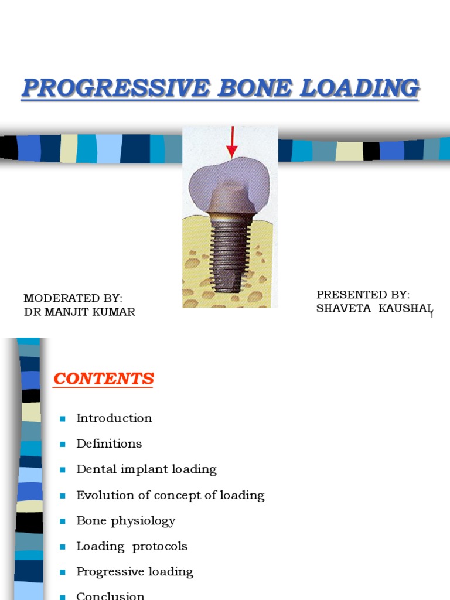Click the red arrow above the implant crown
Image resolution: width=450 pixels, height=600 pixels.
pyautogui.click(x=232, y=142)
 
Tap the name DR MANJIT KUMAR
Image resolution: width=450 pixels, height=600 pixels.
pyautogui.click(x=80, y=312)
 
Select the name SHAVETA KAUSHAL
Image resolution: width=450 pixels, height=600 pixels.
pyautogui.click(x=373, y=308)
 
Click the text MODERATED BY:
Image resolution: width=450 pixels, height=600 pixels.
pyautogui.click(x=73, y=299)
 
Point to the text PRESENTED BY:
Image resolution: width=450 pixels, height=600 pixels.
pyautogui.click(x=363, y=294)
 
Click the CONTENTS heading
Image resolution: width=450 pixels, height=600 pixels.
pyautogui.click(x=104, y=379)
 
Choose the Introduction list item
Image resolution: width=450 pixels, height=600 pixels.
pyautogui.click(x=114, y=418)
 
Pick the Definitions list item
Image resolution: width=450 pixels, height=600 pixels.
pyautogui.click(x=109, y=444)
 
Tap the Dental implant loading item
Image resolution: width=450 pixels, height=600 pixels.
pyautogui.click(x=146, y=469)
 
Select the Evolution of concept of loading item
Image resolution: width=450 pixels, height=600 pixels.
pyautogui.click(x=171, y=495)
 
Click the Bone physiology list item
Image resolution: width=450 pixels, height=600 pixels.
pyautogui.click(x=126, y=520)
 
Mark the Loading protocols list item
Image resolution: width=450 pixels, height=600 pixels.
pyautogui.click(x=132, y=546)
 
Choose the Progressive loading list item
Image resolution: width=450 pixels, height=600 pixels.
pyautogui.click(x=135, y=571)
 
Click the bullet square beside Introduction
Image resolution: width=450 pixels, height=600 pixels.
pyautogui.click(x=63, y=418)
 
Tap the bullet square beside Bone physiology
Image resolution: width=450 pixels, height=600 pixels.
pyautogui.click(x=63, y=521)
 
